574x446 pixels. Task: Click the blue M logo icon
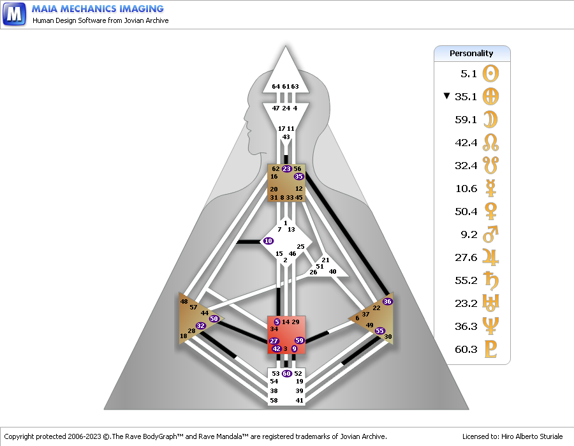(x=14, y=13)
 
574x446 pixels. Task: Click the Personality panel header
(x=472, y=53)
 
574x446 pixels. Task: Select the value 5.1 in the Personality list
(x=468, y=73)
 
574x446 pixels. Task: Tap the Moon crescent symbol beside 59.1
(x=490, y=119)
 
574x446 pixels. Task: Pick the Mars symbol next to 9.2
(x=490, y=234)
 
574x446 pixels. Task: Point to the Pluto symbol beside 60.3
(x=490, y=349)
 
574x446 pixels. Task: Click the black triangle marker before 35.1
(x=446, y=96)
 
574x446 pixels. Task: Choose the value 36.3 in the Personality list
(x=466, y=326)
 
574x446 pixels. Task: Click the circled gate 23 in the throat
(x=286, y=168)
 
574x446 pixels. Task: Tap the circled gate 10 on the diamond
(x=268, y=241)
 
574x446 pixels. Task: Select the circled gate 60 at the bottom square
(x=287, y=373)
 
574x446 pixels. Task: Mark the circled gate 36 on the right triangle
(x=387, y=301)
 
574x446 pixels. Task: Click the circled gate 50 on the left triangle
(x=214, y=318)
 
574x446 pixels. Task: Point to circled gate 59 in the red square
(x=300, y=341)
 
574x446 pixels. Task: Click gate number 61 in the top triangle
(x=286, y=87)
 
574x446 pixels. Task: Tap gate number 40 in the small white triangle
(x=332, y=271)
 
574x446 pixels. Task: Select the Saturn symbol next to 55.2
(x=490, y=280)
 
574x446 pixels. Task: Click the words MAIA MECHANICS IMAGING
(x=98, y=9)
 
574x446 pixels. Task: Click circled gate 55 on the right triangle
(x=379, y=331)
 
